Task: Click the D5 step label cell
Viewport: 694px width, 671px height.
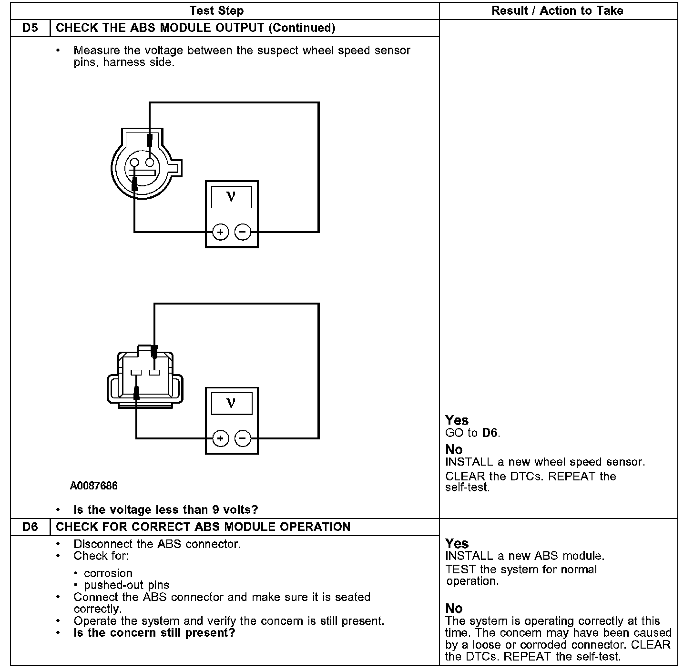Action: (x=30, y=28)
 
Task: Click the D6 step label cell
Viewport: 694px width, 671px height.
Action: (x=30, y=527)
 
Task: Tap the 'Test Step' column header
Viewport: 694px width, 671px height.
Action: (x=216, y=10)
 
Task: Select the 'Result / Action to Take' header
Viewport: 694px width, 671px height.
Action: (x=557, y=10)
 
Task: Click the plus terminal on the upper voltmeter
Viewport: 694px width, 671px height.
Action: (x=220, y=232)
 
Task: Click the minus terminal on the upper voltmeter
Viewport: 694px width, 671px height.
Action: (x=243, y=232)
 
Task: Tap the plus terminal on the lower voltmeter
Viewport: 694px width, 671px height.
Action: (x=220, y=438)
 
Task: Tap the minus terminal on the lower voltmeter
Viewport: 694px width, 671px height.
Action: (x=243, y=438)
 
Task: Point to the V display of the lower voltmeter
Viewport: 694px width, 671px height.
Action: (x=232, y=403)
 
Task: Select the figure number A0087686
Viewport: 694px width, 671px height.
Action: (x=93, y=486)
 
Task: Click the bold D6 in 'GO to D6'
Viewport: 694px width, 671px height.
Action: (x=490, y=433)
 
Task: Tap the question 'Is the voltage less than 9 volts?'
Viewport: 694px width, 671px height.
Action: (x=165, y=510)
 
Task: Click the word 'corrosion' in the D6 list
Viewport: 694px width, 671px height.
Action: (x=108, y=573)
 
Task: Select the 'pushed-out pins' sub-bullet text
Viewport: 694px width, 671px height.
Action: (x=127, y=585)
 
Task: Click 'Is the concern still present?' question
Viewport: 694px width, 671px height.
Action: (x=154, y=633)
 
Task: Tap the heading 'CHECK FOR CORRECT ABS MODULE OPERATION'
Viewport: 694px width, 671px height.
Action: (x=203, y=527)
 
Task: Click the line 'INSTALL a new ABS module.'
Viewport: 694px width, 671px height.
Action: (x=525, y=556)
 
